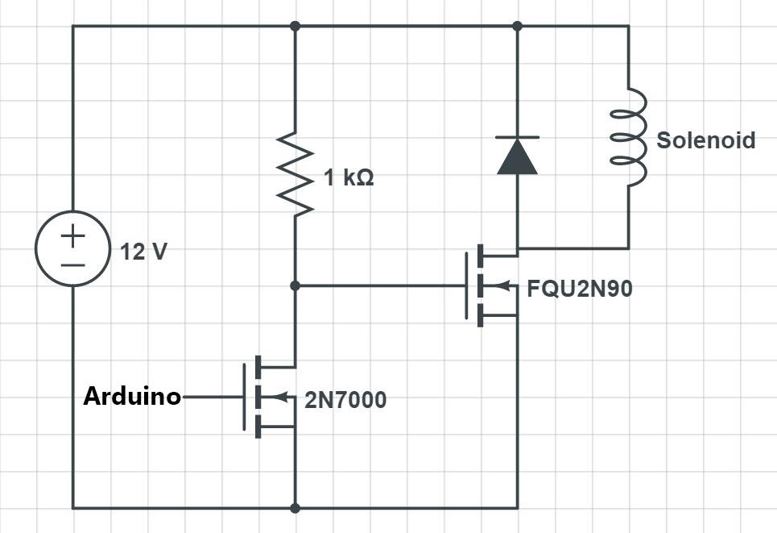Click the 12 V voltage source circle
pyautogui.click(x=72, y=250)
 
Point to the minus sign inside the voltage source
pyautogui.click(x=72, y=264)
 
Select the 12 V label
pyautogui.click(x=144, y=252)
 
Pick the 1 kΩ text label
pyautogui.click(x=349, y=178)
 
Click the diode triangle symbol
pyautogui.click(x=517, y=156)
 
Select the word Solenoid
pyautogui.click(x=705, y=140)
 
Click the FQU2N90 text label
pyautogui.click(x=579, y=288)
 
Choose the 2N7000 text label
pyautogui.click(x=345, y=399)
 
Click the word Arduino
pyautogui.click(x=132, y=397)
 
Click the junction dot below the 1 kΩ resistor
pyautogui.click(x=296, y=285)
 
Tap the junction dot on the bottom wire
pyautogui.click(x=296, y=508)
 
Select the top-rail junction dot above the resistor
pyautogui.click(x=296, y=26)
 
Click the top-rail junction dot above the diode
pyautogui.click(x=517, y=26)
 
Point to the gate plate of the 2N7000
pyautogui.click(x=245, y=397)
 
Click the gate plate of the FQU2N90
pyautogui.click(x=466, y=285)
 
